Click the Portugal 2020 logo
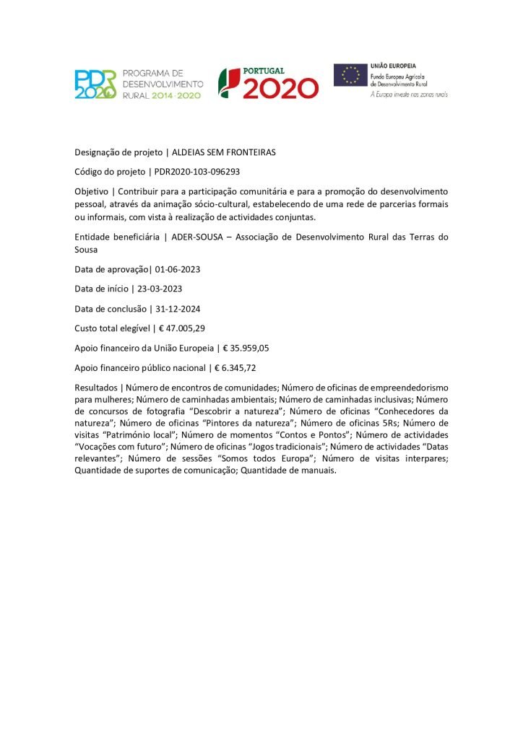(x=269, y=82)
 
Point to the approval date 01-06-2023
(x=177, y=269)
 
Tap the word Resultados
(x=97, y=387)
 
